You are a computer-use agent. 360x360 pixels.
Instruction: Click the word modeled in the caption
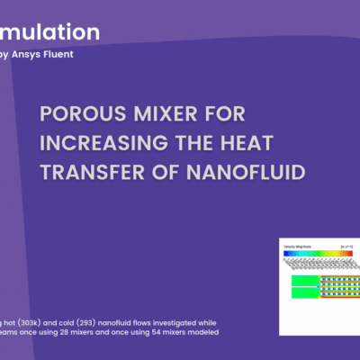[x=200, y=331]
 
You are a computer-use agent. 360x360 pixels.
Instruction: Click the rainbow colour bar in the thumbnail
[x=319, y=253]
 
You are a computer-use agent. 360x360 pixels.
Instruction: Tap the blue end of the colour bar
[x=287, y=253]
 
